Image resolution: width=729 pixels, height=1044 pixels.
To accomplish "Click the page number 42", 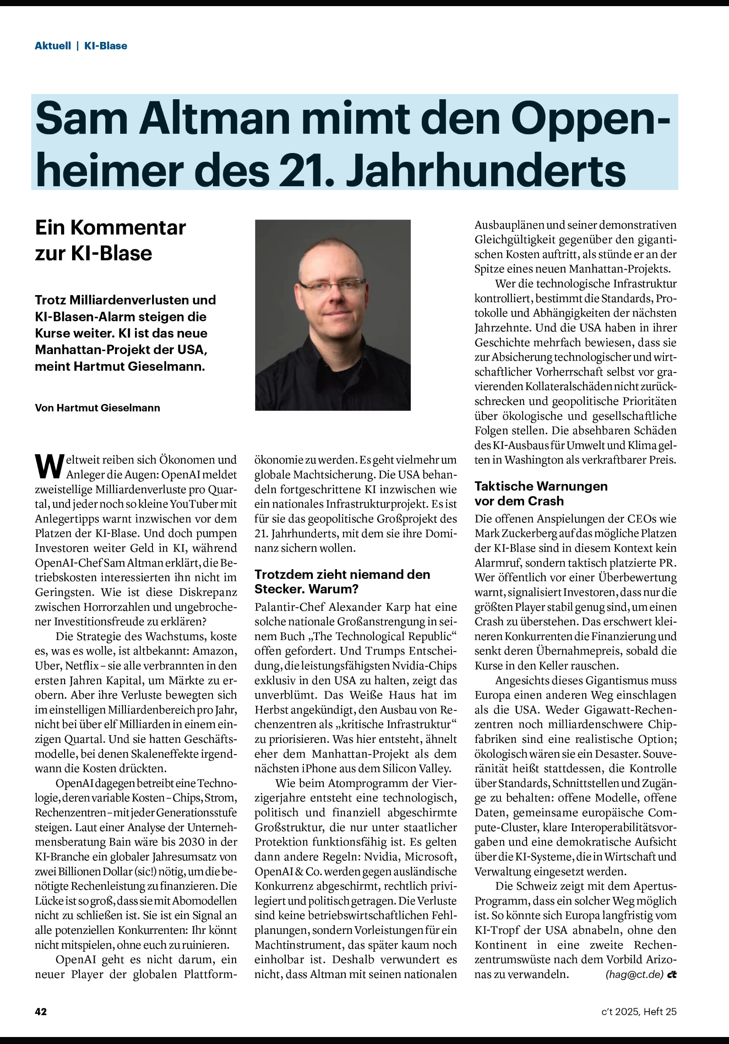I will pyautogui.click(x=41, y=1011).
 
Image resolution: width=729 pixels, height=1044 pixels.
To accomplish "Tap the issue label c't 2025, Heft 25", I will pyautogui.click(x=639, y=1011).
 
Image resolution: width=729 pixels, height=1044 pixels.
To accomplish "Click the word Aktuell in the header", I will pyautogui.click(x=53, y=46).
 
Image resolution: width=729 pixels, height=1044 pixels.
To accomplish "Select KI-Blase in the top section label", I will pyautogui.click(x=105, y=46).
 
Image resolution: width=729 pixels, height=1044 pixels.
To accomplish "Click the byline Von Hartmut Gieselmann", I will pyautogui.click(x=97, y=408).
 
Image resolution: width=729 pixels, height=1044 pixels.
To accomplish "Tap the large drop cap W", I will pyautogui.click(x=49, y=466).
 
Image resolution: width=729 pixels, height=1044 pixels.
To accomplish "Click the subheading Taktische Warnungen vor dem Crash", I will pyautogui.click(x=541, y=493).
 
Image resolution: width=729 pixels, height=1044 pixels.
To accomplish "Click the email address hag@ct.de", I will pyautogui.click(x=635, y=974).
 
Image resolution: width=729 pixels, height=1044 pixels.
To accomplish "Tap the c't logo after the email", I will pyautogui.click(x=672, y=974).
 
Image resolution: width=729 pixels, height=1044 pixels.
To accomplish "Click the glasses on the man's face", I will pyautogui.click(x=332, y=285).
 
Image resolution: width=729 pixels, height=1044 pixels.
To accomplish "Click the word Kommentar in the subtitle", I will pyautogui.click(x=128, y=227).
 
